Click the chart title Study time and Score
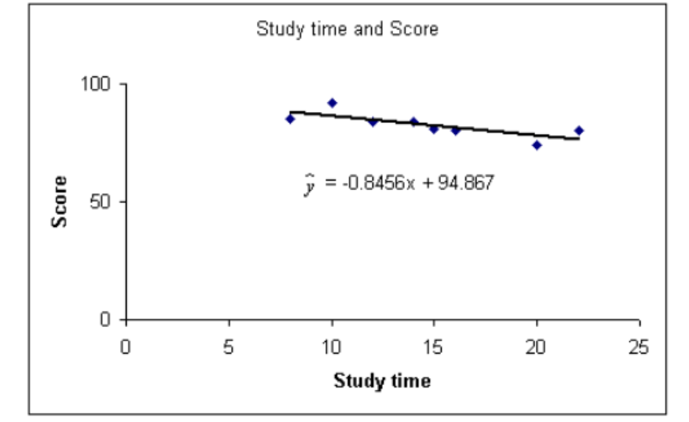pos(347,29)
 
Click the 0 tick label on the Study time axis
pos(127,347)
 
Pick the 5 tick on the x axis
pos(229,347)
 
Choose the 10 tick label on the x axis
pos(331,347)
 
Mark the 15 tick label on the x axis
pos(434,347)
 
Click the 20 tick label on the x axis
pos(537,347)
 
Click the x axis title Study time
pos(382,381)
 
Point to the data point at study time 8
pos(290,119)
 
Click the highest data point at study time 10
pos(332,103)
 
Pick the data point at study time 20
pos(537,145)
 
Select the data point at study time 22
pos(579,130)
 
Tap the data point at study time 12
pos(372,122)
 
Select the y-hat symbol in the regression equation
pos(310,186)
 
